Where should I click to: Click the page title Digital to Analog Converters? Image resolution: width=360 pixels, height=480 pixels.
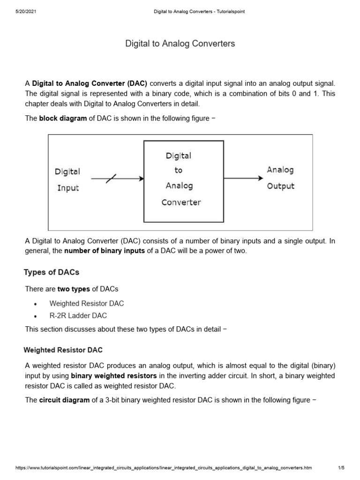point(180,44)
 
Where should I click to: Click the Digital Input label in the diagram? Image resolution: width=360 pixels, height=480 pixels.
point(67,180)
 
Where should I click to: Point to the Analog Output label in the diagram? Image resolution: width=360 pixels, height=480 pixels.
point(280,178)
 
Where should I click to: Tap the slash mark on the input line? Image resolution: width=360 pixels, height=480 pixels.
point(114,179)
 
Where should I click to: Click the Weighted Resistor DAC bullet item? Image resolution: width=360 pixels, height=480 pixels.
point(87,303)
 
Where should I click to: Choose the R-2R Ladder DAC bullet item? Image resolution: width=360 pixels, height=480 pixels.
point(78,315)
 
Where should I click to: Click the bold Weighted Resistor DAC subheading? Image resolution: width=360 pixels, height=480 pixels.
point(63,350)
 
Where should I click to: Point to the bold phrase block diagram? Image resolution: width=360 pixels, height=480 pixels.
point(62,118)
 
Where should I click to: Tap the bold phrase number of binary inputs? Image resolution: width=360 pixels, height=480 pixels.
point(105,251)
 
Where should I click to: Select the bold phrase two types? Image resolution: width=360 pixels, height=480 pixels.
point(74,289)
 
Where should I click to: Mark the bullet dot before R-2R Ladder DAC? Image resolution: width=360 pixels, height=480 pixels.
point(36,316)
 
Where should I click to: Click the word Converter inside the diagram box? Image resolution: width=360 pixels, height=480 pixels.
point(181,202)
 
